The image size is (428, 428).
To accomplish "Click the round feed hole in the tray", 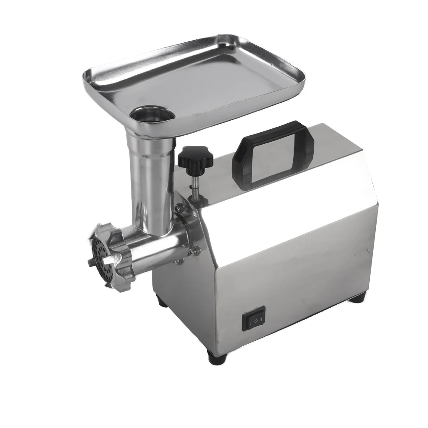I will pos(153,115).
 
